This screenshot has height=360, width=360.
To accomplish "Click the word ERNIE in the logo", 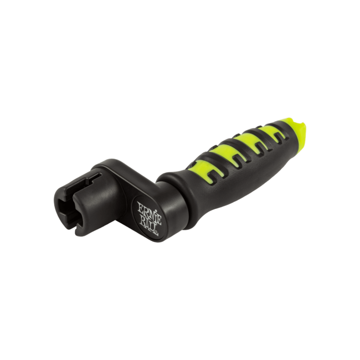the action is pyautogui.click(x=150, y=212).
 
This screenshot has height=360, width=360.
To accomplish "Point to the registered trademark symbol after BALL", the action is pyautogui.click(x=157, y=233).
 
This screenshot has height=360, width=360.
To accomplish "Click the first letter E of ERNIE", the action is pyautogui.click(x=140, y=206).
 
